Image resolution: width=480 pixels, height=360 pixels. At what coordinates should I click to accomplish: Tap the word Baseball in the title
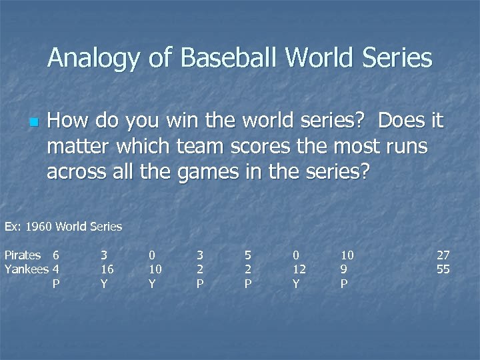coord(225,58)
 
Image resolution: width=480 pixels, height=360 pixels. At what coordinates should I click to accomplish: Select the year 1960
coord(38,227)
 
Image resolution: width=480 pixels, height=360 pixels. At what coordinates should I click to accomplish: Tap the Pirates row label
coord(23,255)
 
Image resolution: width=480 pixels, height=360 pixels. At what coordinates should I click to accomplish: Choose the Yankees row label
coord(27,269)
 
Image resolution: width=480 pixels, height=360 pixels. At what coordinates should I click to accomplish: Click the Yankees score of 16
coord(107,269)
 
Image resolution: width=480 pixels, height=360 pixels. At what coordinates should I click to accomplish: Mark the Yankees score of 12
coord(299,269)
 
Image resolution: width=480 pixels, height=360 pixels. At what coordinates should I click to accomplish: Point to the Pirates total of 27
coord(443,255)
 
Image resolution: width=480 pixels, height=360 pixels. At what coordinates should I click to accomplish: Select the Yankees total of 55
coord(443,269)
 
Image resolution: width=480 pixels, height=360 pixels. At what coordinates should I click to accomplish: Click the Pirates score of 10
coord(347,255)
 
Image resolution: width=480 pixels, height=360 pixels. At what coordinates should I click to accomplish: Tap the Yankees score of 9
coord(344,269)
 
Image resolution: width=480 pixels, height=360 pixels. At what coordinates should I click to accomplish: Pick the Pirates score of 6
coord(56,255)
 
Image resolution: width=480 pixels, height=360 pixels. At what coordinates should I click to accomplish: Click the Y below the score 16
coord(104,284)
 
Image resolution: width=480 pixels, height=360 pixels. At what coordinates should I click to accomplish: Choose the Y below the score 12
coord(296,284)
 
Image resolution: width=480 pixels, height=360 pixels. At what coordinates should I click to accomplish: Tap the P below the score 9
coord(344,284)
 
